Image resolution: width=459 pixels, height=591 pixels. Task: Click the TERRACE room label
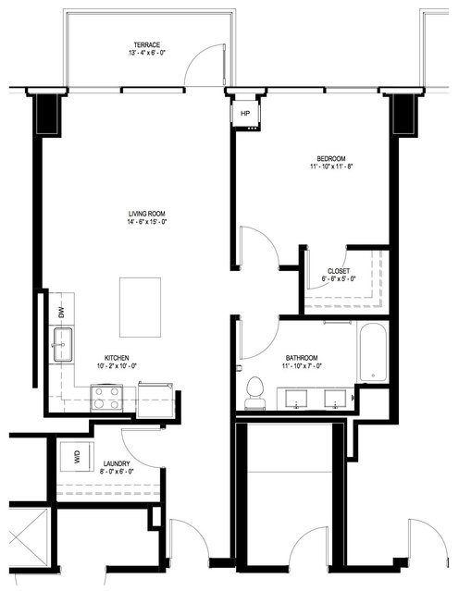147,44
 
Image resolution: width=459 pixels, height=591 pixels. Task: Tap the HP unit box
245,113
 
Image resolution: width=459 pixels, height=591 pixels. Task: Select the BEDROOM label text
331,159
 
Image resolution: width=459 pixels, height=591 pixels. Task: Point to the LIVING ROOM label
147,214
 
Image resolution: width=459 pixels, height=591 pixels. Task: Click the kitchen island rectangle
141,307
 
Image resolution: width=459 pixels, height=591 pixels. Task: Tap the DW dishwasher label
62,312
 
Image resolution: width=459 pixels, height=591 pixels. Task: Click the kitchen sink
63,344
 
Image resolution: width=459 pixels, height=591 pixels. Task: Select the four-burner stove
106,398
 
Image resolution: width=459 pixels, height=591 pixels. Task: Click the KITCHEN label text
117,358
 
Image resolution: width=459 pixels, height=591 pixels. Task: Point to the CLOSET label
339,271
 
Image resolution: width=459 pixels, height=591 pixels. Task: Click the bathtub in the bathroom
373,351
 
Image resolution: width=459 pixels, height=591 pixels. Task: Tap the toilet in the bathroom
255,393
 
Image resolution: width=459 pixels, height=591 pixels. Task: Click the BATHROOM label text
302,358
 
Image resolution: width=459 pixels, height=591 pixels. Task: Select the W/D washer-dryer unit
77,456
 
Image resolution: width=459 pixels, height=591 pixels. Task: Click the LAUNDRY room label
117,463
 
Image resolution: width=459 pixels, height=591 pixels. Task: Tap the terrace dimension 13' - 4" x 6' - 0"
147,53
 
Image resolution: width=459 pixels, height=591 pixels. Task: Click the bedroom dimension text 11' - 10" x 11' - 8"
331,166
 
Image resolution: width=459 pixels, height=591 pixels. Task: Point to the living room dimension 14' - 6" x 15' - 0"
147,222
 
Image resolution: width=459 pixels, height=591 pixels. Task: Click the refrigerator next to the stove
155,400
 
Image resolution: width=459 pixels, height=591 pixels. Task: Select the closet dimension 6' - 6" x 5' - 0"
339,279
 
